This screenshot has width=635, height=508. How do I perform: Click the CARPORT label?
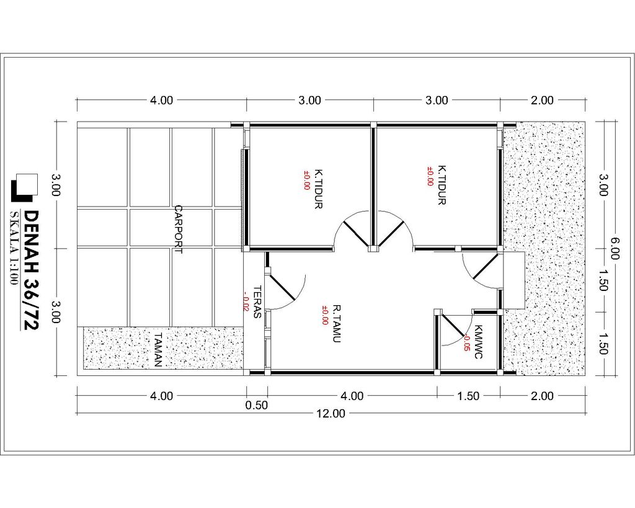pyautogui.click(x=178, y=229)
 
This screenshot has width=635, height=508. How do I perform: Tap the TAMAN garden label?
pyautogui.click(x=158, y=350)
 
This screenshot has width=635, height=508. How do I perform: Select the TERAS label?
pyautogui.click(x=257, y=302)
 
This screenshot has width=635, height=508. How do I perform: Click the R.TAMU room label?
pyautogui.click(x=337, y=324)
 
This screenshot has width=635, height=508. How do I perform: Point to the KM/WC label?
pyautogui.click(x=478, y=342)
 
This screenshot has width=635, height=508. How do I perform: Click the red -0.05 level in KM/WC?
pyautogui.click(x=466, y=343)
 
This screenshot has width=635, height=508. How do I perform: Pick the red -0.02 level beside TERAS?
pyautogui.click(x=246, y=301)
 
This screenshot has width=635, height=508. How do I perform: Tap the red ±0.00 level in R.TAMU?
pyautogui.click(x=325, y=315)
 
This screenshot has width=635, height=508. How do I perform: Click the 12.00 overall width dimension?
pyautogui.click(x=331, y=413)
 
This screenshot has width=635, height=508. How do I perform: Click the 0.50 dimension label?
pyautogui.click(x=257, y=405)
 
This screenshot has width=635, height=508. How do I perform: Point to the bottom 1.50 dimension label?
pyautogui.click(x=468, y=396)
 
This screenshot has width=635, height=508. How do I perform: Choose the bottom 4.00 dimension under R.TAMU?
pyautogui.click(x=352, y=396)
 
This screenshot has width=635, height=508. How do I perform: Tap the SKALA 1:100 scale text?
pyautogui.click(x=14, y=248)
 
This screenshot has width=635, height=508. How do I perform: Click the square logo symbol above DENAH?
pyautogui.click(x=24, y=187)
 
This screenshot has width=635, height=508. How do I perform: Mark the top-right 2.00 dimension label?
pyautogui.click(x=542, y=100)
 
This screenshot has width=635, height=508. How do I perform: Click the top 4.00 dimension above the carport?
pyautogui.click(x=162, y=100)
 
